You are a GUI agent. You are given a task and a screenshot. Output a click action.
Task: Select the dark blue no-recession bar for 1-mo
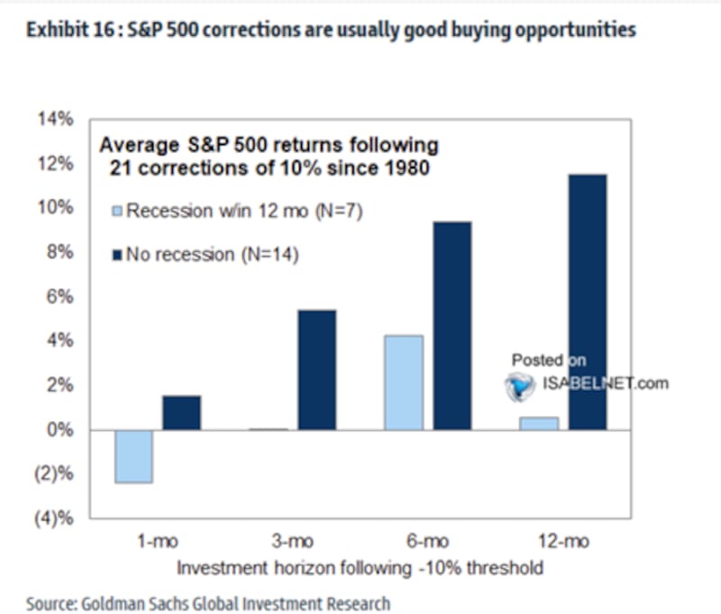181,412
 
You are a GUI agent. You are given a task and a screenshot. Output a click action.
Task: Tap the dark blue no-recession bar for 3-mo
316,370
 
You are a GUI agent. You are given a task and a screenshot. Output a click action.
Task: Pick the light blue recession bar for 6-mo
403,383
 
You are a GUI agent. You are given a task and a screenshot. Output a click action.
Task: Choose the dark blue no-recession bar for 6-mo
452,326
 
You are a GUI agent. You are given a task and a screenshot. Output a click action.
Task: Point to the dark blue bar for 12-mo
587,302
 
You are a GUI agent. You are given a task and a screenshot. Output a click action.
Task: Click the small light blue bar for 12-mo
539,423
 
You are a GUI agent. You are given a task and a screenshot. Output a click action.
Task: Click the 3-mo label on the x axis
293,545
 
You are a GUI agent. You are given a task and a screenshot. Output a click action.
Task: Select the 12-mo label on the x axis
563,545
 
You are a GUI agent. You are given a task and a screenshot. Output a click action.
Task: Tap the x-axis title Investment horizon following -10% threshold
360,568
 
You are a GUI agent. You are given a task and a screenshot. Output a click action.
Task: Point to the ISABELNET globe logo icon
520,385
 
